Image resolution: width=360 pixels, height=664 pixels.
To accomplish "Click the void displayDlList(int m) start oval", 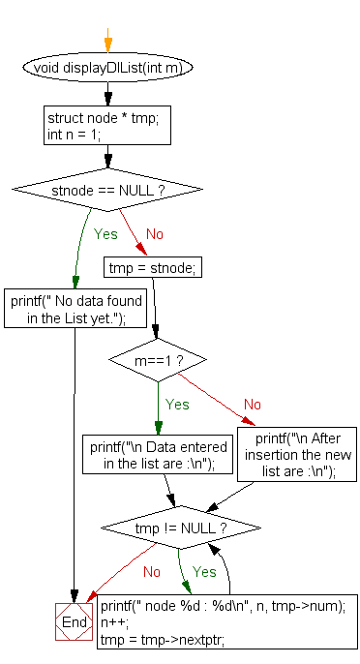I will click(x=107, y=68).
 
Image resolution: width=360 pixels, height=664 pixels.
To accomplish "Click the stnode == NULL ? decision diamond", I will click(x=107, y=190).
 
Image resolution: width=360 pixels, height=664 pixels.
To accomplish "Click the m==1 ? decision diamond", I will click(x=157, y=361).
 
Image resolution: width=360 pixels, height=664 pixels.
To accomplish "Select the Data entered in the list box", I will click(x=159, y=456).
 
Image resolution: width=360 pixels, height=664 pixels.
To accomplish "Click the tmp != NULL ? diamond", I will click(x=181, y=528).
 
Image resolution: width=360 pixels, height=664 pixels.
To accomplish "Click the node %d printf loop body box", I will click(x=228, y=622).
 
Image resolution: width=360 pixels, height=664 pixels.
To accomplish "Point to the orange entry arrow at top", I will click(x=107, y=43).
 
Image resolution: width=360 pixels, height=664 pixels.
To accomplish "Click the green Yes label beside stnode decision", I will click(x=105, y=233).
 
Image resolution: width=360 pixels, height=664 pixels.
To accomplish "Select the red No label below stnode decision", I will click(x=154, y=233).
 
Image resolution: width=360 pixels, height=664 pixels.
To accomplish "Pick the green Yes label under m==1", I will click(x=177, y=405).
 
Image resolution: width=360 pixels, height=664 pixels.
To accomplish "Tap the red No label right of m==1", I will click(x=253, y=405).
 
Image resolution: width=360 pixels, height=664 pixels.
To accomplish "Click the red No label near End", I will click(x=152, y=572).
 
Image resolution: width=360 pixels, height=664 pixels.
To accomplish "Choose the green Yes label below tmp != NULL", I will click(x=205, y=572).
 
